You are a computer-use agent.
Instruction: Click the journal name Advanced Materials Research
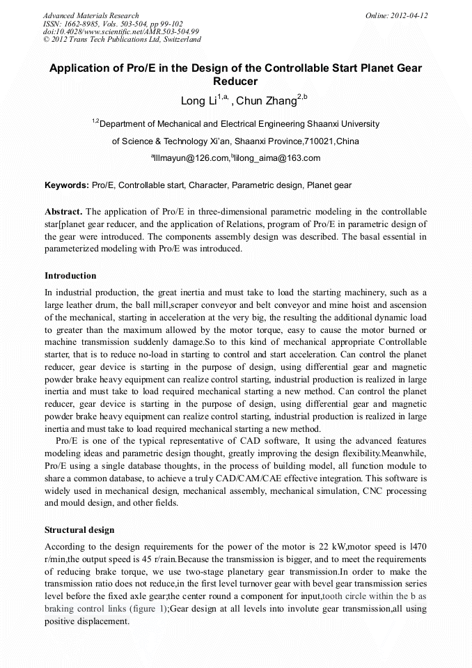(x=91, y=15)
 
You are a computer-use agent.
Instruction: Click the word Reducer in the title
(x=235, y=82)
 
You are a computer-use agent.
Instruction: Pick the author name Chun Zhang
(x=267, y=101)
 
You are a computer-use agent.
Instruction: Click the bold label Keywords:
(x=67, y=185)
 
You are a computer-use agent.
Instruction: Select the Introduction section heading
(x=70, y=276)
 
